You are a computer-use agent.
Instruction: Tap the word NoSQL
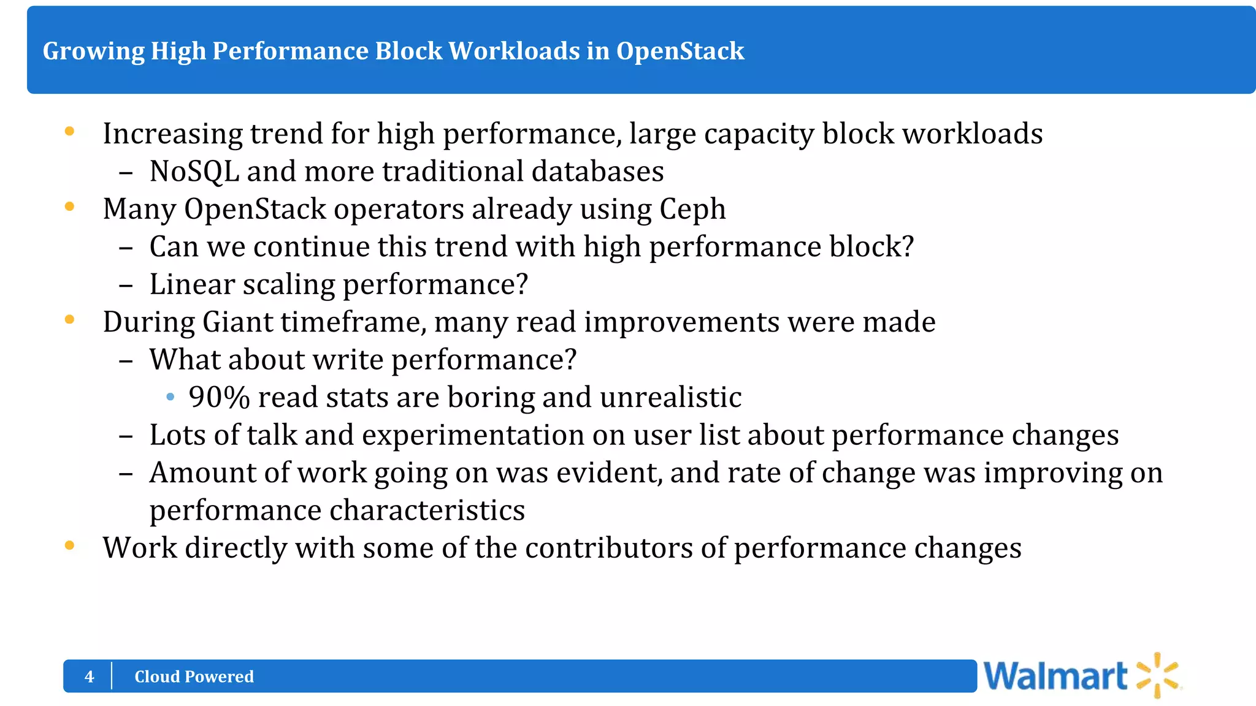tap(194, 172)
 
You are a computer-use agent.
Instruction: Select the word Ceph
tap(692, 210)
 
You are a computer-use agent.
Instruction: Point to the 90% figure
tap(219, 398)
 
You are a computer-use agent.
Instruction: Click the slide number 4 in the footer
tap(90, 677)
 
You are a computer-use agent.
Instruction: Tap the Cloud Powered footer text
tap(194, 677)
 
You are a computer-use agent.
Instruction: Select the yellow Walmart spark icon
tap(1158, 675)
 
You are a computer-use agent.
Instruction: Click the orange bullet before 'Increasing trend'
tap(70, 131)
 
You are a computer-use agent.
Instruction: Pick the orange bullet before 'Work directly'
tap(70, 545)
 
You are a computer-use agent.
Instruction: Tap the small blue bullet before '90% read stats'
tap(170, 398)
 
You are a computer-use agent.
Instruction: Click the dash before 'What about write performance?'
tap(126, 361)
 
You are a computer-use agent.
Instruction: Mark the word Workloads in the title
tap(513, 51)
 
